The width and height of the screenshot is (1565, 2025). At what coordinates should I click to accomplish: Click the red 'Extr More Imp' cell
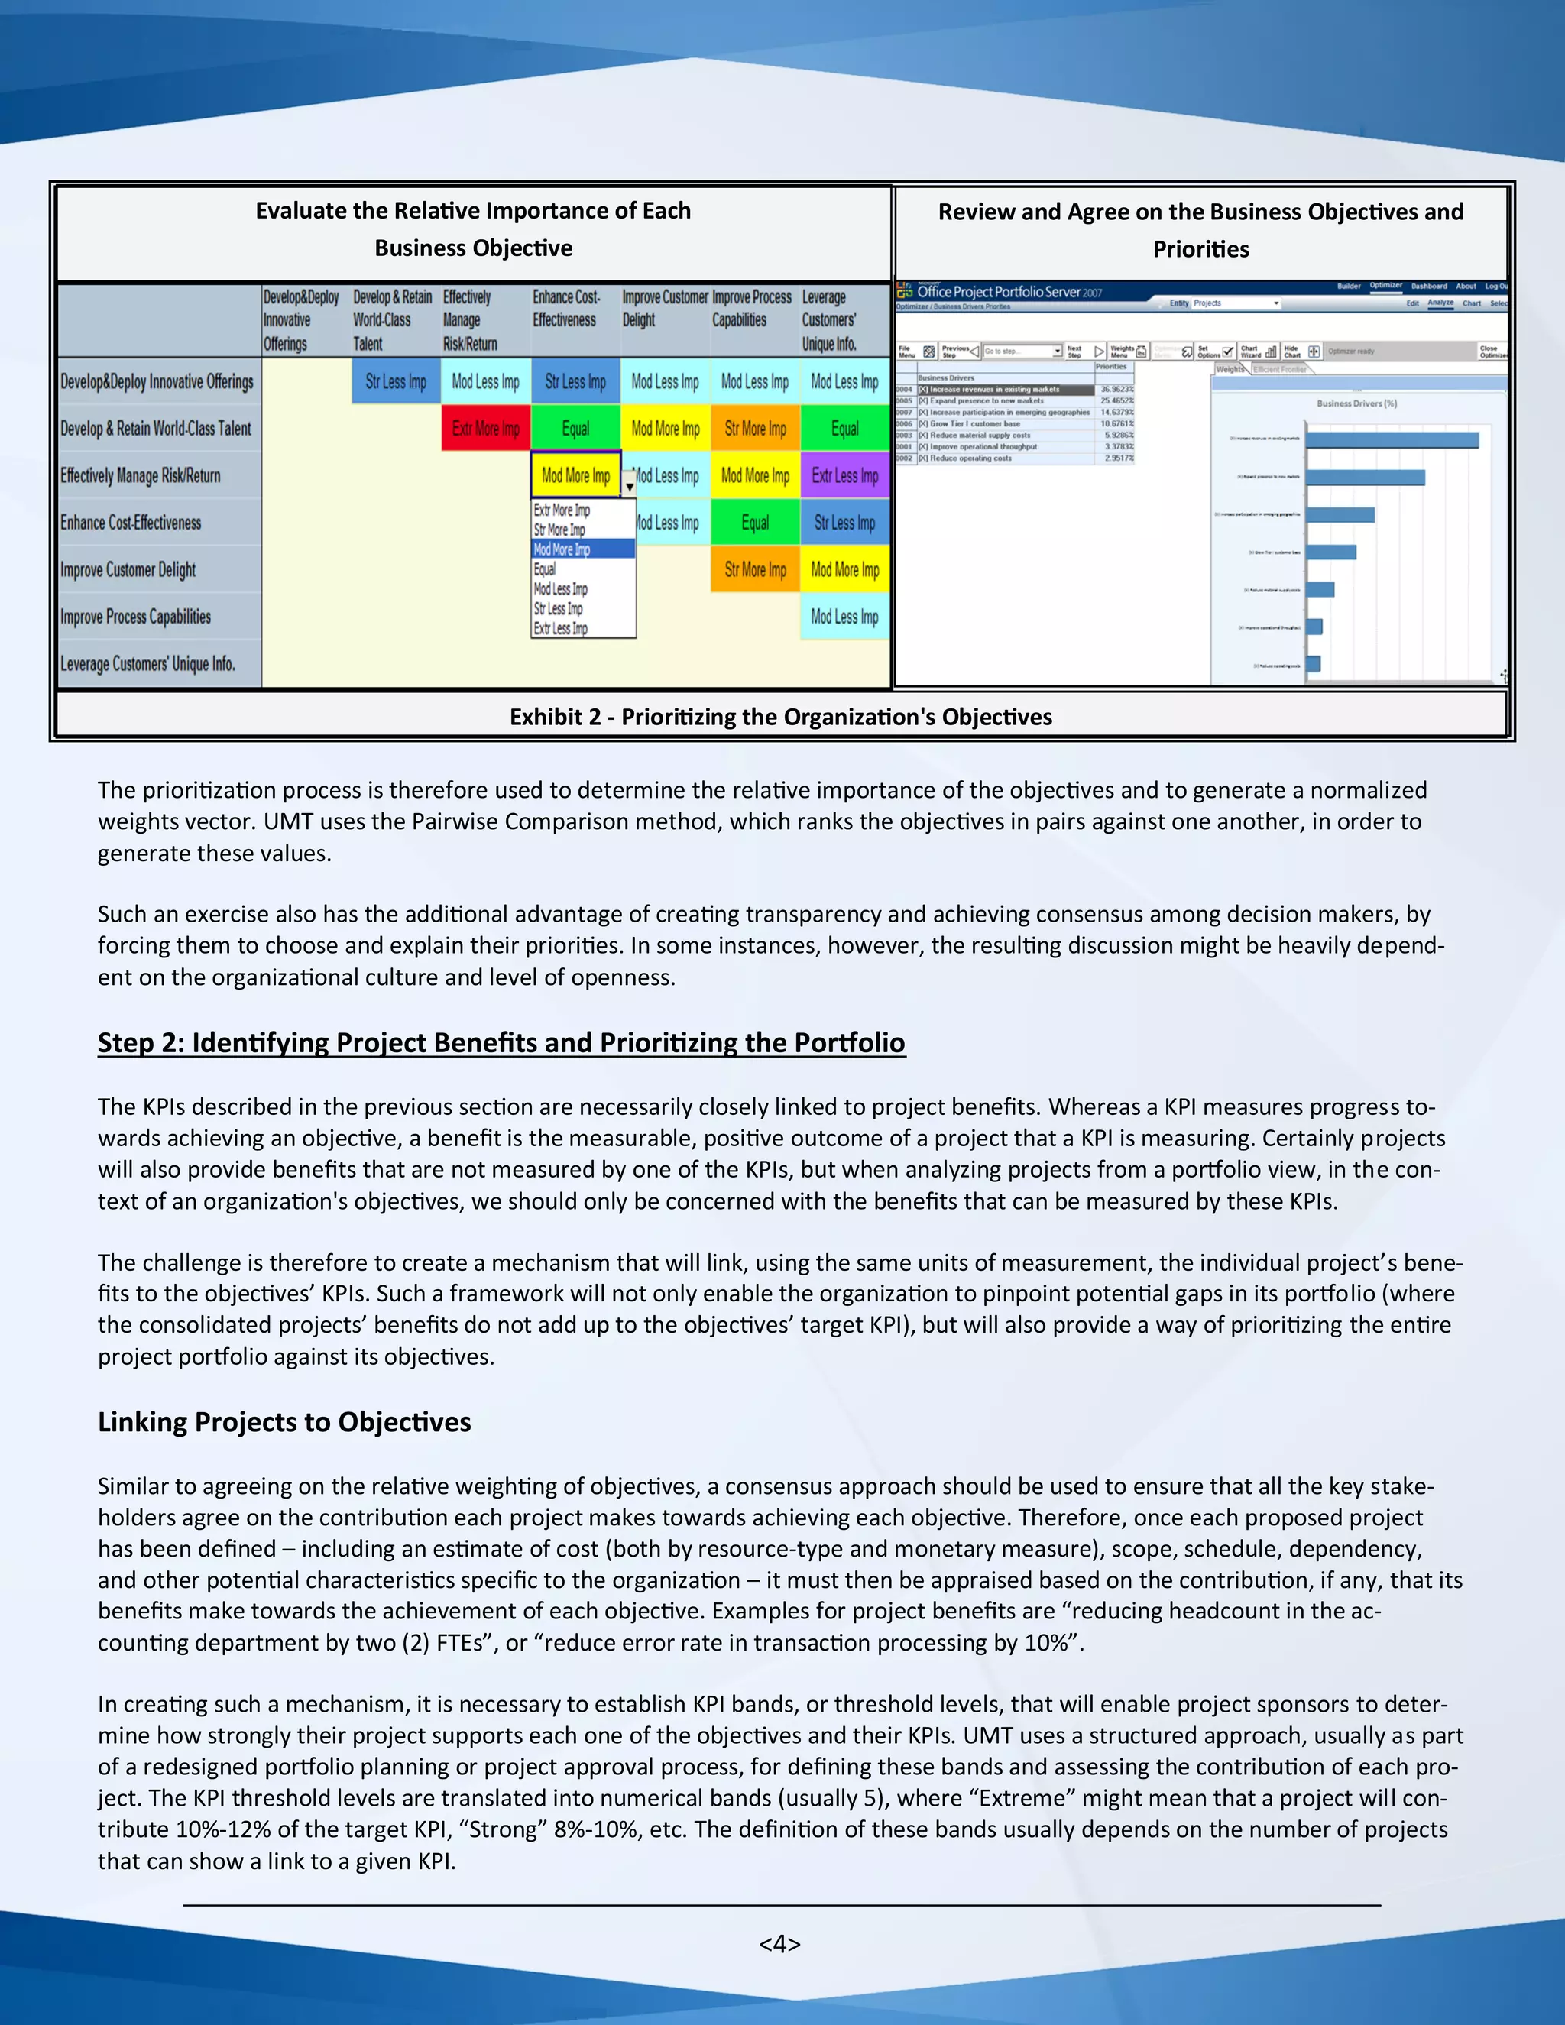[x=485, y=429]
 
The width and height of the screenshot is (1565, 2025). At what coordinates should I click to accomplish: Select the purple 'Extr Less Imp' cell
[x=844, y=475]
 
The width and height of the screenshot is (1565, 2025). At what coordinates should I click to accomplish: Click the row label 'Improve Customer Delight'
[x=128, y=569]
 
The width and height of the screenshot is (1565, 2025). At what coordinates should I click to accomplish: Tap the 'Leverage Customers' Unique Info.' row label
[x=147, y=664]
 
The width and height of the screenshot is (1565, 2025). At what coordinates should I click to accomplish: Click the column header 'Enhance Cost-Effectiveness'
[x=565, y=309]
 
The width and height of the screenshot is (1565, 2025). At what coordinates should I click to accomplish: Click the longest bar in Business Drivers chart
[x=1392, y=440]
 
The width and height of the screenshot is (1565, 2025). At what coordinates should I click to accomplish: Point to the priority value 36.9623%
[x=1116, y=390]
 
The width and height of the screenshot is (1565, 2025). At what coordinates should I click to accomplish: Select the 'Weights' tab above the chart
[x=1230, y=369]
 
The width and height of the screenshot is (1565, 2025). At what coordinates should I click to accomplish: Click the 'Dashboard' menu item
[x=1429, y=287]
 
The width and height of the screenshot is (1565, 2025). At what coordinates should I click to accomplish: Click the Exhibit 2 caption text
[x=781, y=717]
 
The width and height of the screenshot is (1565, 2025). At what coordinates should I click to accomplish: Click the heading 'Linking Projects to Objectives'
[x=284, y=1421]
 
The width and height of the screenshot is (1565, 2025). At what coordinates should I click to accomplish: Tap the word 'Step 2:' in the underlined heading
[x=139, y=1042]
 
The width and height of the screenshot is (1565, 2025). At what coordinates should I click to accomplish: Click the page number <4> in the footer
[x=779, y=1943]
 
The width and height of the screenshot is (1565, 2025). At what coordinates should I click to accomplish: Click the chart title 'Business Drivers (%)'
[x=1356, y=403]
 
